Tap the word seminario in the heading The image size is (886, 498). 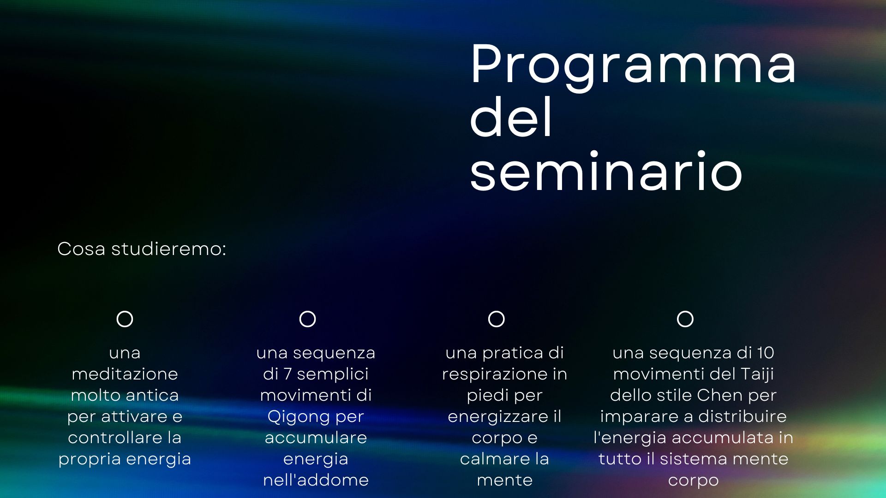click(606, 171)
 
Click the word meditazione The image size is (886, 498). click(125, 373)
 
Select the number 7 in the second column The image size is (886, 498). click(287, 373)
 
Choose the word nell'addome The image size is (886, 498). click(316, 480)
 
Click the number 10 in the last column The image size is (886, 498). click(765, 353)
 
